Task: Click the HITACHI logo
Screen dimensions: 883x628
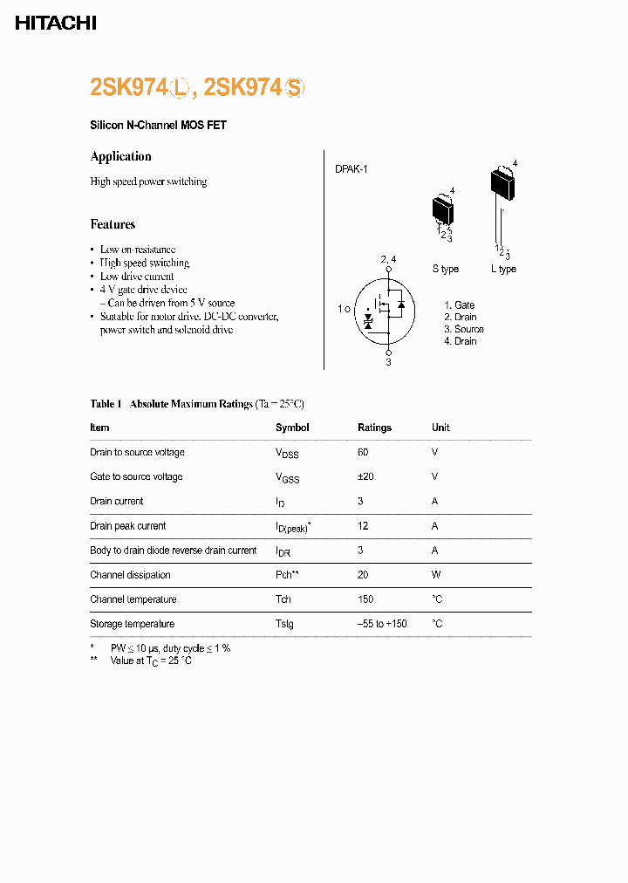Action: pos(55,24)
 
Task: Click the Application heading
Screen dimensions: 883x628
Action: pos(120,156)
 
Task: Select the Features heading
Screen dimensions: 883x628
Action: pos(113,224)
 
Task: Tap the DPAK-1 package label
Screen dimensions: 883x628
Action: pos(351,169)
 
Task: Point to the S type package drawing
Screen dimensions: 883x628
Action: pos(444,209)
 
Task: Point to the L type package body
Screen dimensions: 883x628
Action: pos(502,183)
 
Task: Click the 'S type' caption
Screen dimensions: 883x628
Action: pos(445,269)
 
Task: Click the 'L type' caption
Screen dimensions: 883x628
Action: pos(503,269)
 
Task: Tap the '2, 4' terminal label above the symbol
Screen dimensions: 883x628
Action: pos(388,260)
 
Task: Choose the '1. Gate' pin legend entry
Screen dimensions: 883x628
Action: pos(459,305)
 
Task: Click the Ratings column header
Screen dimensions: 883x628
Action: pos(374,428)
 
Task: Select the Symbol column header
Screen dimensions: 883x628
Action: pos(292,428)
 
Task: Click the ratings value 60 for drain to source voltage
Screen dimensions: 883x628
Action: pos(363,452)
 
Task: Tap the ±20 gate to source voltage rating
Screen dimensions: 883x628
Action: pos(365,476)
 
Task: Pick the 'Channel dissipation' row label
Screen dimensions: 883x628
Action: pos(130,575)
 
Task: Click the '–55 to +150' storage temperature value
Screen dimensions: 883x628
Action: pos(382,624)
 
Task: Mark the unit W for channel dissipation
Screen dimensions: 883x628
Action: pos(436,575)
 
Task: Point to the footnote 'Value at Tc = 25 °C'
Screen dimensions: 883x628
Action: pos(150,661)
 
